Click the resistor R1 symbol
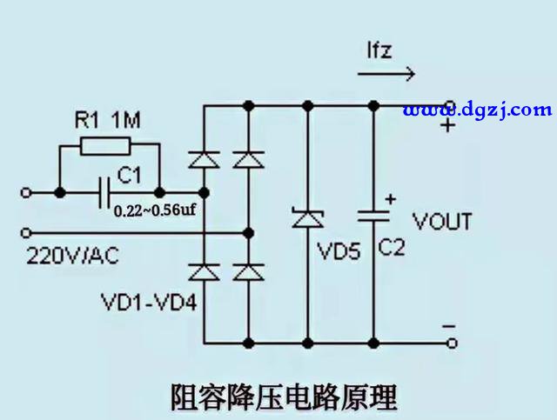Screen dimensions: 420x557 109,148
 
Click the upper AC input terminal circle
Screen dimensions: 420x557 26,191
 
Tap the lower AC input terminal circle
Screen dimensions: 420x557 26,233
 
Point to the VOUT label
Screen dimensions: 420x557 442,222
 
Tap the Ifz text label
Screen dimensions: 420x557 378,50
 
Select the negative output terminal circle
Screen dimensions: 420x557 452,343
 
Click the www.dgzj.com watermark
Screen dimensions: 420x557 477,110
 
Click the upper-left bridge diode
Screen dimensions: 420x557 204,159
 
